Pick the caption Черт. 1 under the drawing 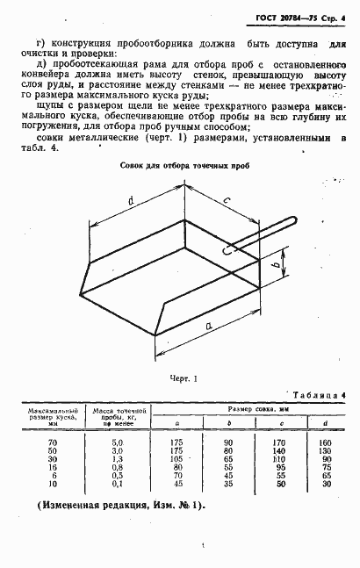click(x=184, y=378)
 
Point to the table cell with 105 click(x=175, y=458)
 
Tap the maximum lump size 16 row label click(x=52, y=466)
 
